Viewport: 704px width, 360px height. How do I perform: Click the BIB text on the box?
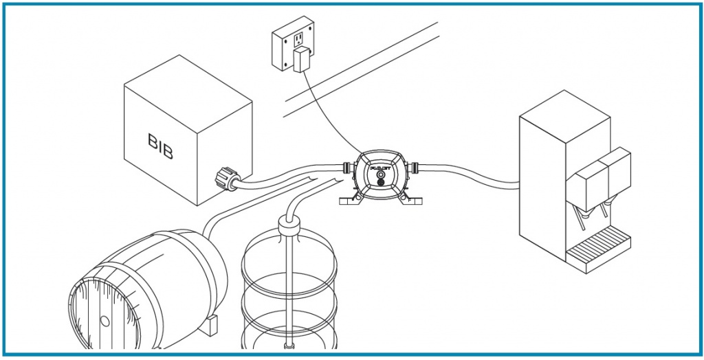pos(161,146)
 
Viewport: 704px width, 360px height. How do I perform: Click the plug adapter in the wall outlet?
pos(300,61)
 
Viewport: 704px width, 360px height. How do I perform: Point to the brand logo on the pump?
pos(379,168)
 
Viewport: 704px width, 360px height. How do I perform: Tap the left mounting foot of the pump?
pos(351,201)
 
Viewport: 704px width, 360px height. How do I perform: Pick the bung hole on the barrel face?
pos(104,321)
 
